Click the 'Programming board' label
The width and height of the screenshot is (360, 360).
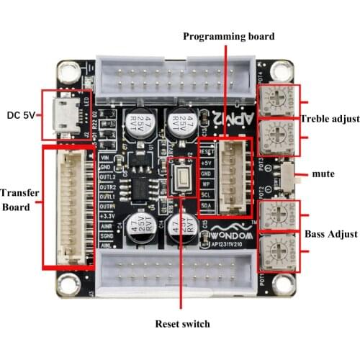[229, 37]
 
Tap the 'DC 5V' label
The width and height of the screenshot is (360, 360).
[22, 114]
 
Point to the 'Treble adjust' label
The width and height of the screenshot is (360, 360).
[330, 119]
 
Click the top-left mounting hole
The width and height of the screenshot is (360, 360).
[68, 72]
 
